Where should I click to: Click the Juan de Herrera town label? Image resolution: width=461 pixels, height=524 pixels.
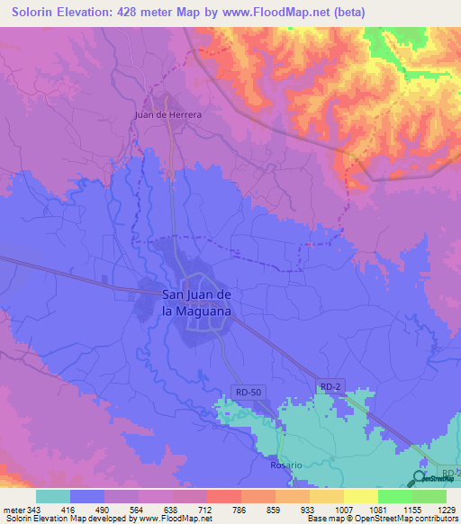(167, 114)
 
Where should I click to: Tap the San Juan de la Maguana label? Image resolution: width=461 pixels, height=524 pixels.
(196, 302)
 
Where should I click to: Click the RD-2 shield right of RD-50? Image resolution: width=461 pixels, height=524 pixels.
(330, 386)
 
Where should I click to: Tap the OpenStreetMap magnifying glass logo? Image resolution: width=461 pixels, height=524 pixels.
(420, 478)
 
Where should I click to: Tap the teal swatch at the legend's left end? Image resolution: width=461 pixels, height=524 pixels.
(52, 496)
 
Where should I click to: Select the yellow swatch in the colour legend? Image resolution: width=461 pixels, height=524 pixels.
(360, 496)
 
